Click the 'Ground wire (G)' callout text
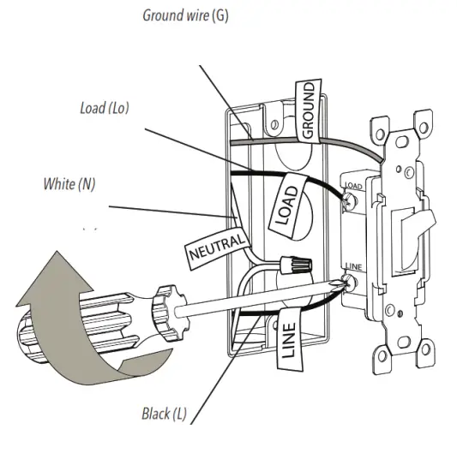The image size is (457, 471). pos(185,15)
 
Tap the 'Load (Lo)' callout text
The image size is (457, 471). pos(105,108)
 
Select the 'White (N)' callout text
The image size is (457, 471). pos(69,184)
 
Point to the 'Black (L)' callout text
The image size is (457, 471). pos(164,414)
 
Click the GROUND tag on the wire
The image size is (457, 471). pos(308,110)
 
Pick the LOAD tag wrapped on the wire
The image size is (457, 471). pos(288,205)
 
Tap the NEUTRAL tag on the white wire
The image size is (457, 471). pos(217,247)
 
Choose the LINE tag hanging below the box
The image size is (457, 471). pos(289,339)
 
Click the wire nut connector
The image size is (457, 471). pos(296,264)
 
